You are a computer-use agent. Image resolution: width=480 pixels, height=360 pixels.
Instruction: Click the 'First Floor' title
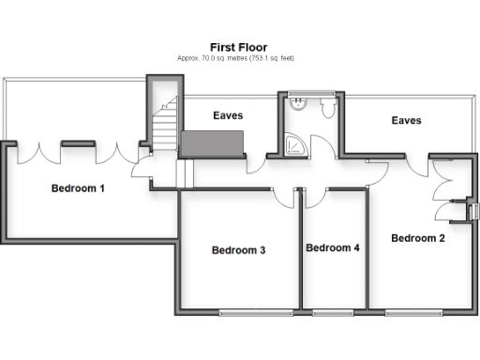239,46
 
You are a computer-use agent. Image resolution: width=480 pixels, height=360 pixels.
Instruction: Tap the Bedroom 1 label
77,188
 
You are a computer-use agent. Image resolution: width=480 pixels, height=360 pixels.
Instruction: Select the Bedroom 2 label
417,238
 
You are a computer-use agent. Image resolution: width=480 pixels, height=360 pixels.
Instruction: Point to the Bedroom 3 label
238,250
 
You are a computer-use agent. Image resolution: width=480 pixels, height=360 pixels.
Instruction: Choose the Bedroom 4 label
333,248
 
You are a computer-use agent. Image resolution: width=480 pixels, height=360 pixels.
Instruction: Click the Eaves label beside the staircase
228,116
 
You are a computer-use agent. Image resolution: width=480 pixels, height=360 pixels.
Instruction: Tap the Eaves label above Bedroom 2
406,121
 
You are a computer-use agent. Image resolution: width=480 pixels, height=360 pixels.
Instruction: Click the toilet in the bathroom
328,110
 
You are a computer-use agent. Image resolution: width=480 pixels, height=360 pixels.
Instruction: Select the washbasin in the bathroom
297,105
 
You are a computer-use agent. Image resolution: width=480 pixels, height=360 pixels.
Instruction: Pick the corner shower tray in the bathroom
296,145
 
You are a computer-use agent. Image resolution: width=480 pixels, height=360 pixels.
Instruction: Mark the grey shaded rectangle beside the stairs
212,144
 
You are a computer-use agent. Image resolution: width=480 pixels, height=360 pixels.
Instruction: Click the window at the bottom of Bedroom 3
248,310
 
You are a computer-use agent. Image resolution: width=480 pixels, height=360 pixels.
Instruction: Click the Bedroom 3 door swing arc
283,198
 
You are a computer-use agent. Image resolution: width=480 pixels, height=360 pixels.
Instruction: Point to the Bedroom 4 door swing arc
314,198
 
